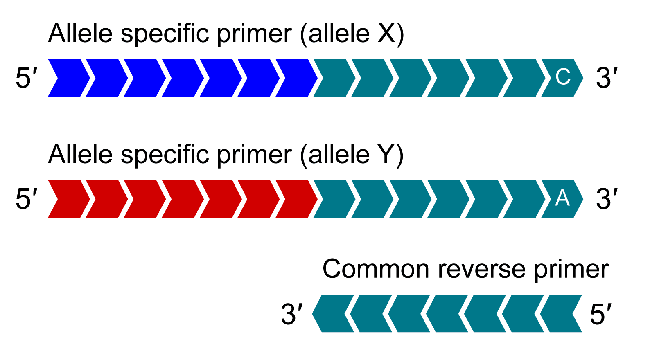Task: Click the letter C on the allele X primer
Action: (x=563, y=77)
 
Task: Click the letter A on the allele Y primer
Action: (x=562, y=198)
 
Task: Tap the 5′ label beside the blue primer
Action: (x=26, y=78)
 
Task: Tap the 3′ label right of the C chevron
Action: (x=606, y=78)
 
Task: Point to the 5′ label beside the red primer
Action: (x=26, y=199)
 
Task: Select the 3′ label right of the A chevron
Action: (x=606, y=199)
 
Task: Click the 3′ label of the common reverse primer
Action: (x=291, y=314)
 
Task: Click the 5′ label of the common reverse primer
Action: (x=600, y=314)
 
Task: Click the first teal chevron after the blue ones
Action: (x=333, y=78)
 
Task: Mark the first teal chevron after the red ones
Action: (x=333, y=199)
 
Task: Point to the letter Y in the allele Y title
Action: (x=386, y=155)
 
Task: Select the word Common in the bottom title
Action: (x=376, y=269)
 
